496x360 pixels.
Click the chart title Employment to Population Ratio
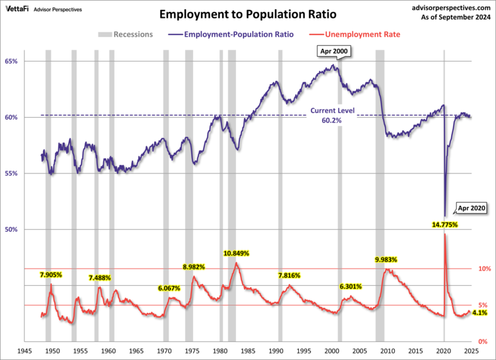(x=248, y=13)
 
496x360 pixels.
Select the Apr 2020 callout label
(x=472, y=208)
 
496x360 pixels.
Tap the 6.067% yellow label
(x=169, y=288)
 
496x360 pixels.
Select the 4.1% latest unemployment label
(x=479, y=312)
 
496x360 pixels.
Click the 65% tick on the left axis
(x=11, y=61)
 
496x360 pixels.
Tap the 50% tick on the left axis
(x=11, y=230)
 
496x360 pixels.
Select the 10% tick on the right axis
(x=484, y=269)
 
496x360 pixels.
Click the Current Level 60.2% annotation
(x=332, y=116)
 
